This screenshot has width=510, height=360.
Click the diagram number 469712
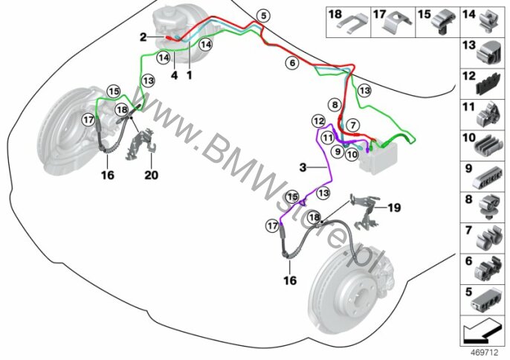tap(485, 353)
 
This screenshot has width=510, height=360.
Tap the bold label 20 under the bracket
tap(151, 175)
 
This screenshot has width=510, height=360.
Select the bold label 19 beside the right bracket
tap(394, 208)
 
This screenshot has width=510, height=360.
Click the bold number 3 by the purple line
tap(303, 167)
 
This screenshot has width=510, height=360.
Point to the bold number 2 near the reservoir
tap(143, 37)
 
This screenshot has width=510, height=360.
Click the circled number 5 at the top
tap(263, 16)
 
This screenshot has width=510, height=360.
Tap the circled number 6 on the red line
tap(292, 62)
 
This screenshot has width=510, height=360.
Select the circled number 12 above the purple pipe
tap(318, 121)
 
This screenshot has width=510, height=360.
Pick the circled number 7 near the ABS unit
tap(353, 125)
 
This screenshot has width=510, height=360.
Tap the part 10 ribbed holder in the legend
tap(488, 146)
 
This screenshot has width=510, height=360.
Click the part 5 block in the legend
tap(487, 300)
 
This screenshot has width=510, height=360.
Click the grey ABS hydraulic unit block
tap(378, 157)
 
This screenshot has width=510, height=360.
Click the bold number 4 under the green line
tap(175, 76)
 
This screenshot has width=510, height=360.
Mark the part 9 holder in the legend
tap(487, 178)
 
